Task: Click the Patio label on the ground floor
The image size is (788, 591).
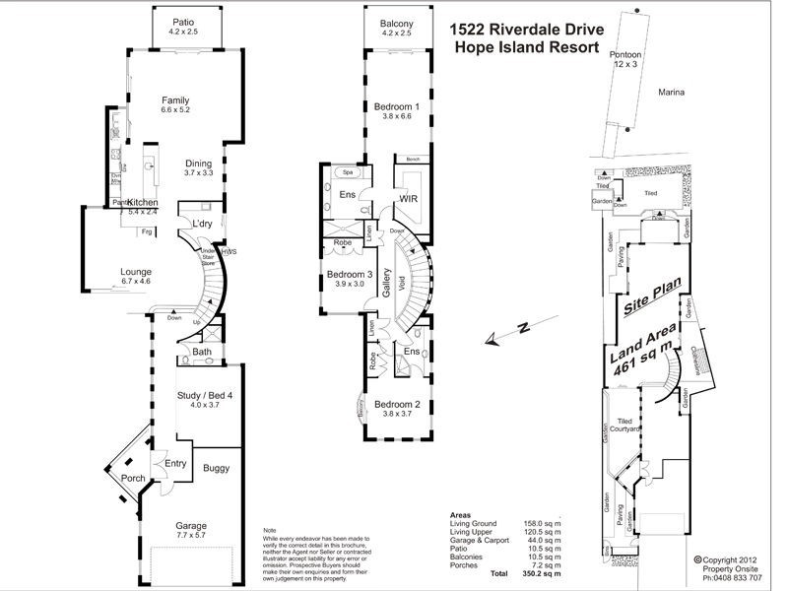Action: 182,22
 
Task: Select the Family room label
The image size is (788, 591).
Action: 175,100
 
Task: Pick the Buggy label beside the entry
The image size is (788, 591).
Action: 216,470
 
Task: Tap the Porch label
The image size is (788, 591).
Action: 132,480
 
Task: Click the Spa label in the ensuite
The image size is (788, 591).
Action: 349,172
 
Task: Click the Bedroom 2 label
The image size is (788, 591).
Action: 397,404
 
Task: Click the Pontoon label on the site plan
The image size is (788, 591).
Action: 626,54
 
